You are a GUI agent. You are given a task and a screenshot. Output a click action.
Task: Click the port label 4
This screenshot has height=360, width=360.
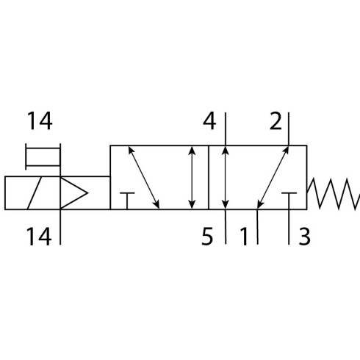(209, 121)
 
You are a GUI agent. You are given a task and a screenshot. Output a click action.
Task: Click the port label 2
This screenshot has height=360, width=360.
(276, 121)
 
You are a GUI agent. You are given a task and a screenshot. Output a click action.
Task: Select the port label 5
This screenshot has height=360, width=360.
(207, 236)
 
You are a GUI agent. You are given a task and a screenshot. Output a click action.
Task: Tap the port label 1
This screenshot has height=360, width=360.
(244, 236)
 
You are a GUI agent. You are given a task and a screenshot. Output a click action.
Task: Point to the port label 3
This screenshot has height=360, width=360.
(305, 236)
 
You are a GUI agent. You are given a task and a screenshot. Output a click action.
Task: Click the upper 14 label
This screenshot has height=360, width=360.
(40, 121)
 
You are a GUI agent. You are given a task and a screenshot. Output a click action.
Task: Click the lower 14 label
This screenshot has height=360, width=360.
(39, 236)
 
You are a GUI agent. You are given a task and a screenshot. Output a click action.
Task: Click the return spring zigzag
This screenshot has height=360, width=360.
(334, 194)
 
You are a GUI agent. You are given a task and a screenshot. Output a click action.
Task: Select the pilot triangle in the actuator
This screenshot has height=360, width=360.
(74, 193)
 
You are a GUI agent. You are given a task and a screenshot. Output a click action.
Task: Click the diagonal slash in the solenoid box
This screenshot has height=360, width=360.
(34, 193)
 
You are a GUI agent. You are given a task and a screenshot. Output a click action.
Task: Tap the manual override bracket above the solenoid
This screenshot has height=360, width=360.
(43, 157)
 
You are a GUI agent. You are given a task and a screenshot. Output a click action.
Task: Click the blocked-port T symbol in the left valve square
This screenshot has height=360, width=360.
(127, 201)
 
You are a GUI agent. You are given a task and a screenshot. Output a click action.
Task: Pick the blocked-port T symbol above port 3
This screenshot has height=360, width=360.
(289, 201)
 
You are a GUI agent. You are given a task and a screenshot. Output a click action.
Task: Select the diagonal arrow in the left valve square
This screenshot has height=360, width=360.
(144, 178)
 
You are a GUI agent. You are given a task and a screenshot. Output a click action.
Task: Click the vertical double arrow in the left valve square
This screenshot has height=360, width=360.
(192, 178)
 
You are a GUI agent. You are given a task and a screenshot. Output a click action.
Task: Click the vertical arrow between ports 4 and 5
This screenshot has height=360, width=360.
(226, 178)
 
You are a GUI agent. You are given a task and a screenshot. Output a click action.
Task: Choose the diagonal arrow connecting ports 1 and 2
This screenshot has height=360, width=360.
(273, 178)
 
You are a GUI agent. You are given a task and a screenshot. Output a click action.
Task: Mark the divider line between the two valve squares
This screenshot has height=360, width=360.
(209, 178)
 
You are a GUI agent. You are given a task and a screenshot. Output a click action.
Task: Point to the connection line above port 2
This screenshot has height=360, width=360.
(289, 129)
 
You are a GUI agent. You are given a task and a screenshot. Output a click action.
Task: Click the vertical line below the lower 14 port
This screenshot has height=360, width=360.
(60, 227)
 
